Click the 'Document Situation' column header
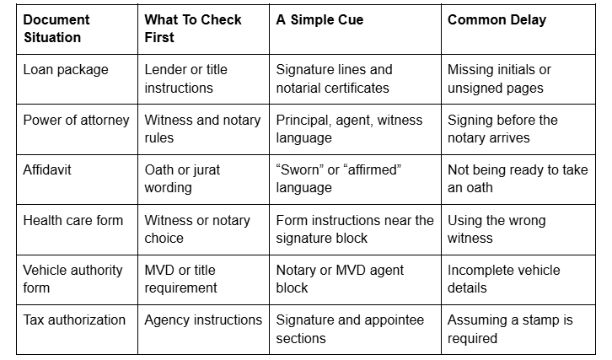click(x=56, y=29)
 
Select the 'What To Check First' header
click(x=193, y=29)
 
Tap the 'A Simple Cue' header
click(x=319, y=19)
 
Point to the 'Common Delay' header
click(x=497, y=20)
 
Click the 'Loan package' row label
click(x=66, y=70)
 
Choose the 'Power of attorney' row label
click(x=76, y=121)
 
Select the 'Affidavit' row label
click(x=47, y=169)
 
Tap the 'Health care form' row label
click(x=73, y=220)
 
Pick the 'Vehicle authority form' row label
click(x=72, y=279)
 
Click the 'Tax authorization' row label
click(x=74, y=320)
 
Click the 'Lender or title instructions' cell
click(x=185, y=78)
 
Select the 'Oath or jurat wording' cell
click(x=182, y=179)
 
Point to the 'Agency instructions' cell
click(x=203, y=320)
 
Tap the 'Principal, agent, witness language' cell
click(x=349, y=129)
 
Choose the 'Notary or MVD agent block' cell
click(x=340, y=279)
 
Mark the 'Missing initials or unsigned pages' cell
click(x=499, y=78)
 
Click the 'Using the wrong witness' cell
click(x=497, y=228)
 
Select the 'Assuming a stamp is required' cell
click(x=510, y=329)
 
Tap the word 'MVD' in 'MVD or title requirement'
click(x=158, y=270)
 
